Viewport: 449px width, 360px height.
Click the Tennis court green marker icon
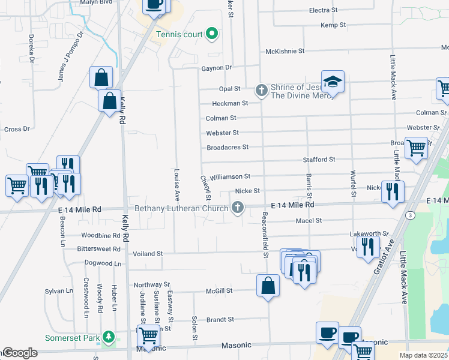click(212, 34)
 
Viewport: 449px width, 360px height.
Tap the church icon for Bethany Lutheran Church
click(238, 208)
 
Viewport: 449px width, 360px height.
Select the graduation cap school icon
click(333, 81)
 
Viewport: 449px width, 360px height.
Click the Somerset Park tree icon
click(108, 337)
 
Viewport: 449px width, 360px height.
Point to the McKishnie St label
click(285, 51)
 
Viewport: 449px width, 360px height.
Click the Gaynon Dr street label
click(216, 68)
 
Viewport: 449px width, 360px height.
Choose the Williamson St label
click(229, 176)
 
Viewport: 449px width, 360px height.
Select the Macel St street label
click(309, 221)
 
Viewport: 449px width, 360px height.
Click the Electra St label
click(324, 10)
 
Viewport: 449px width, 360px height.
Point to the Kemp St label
click(333, 25)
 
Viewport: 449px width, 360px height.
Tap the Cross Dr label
click(17, 129)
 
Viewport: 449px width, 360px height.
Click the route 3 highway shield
click(409, 214)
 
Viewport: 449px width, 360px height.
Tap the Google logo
click(19, 353)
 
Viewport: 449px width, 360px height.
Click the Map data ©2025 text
click(423, 355)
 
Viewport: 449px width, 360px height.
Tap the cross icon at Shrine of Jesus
click(261, 91)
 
